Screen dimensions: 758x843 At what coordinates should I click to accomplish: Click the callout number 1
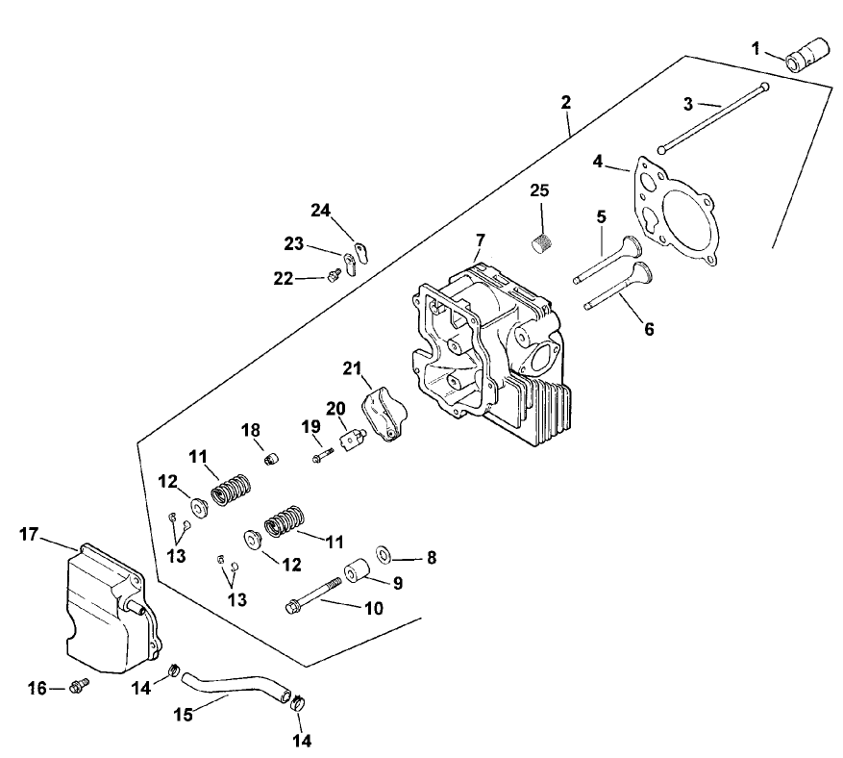coord(756,47)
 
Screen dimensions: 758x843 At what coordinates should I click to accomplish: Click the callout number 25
coord(539,191)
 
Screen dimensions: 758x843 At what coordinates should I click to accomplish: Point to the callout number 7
coord(481,238)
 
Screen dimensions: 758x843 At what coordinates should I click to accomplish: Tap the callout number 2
coord(566,102)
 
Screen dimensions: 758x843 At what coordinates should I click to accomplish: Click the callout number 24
coord(320,210)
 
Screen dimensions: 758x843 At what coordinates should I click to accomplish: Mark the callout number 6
coord(649,330)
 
